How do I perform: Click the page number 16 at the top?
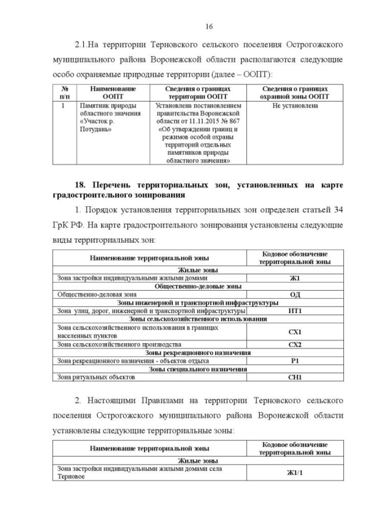209,26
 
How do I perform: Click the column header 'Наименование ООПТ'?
113,93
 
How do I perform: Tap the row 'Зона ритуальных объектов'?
96,377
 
